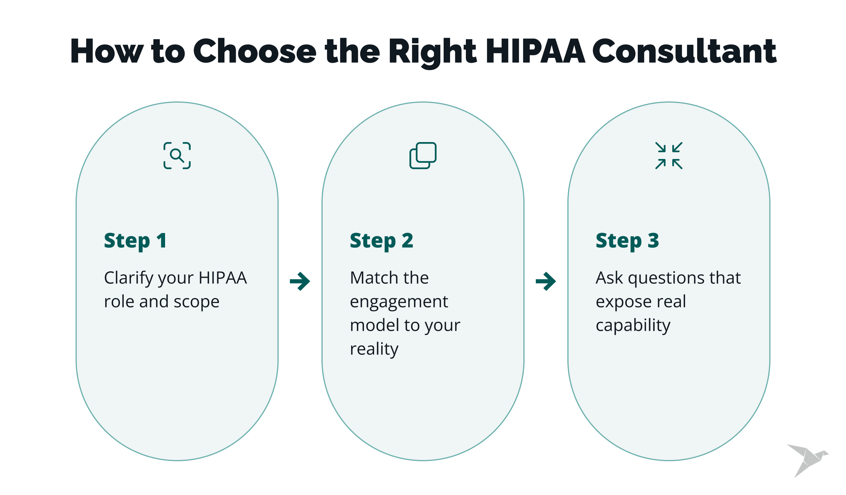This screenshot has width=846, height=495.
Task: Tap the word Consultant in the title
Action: click(x=684, y=51)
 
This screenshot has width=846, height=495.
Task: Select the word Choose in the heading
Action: click(x=255, y=51)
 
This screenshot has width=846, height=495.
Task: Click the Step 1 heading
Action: click(x=135, y=241)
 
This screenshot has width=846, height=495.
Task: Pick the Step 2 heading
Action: click(x=382, y=241)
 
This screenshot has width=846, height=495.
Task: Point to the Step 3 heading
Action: click(x=628, y=241)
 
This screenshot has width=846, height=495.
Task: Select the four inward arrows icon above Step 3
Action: click(x=669, y=156)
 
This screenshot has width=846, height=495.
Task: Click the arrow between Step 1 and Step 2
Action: click(x=300, y=282)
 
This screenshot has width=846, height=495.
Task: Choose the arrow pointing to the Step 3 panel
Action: click(x=546, y=282)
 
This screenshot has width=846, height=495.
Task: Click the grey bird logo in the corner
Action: click(x=808, y=460)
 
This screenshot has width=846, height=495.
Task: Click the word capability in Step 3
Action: click(x=633, y=326)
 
